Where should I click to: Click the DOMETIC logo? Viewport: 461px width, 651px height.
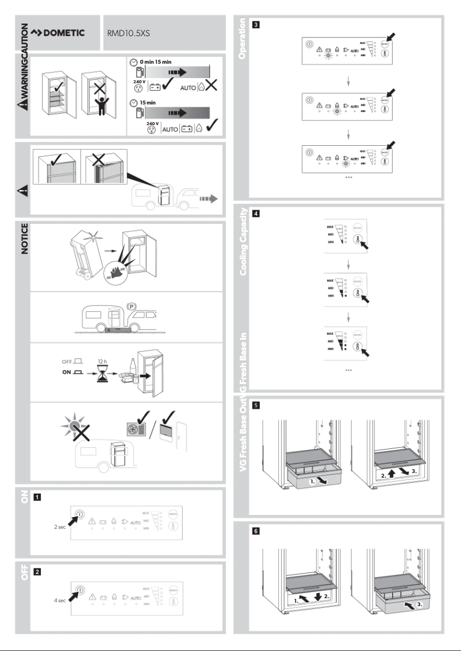click(57, 33)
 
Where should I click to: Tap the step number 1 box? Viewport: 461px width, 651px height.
click(37, 497)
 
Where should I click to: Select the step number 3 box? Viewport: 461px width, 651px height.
click(256, 25)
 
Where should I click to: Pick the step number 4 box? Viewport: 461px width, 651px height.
click(256, 214)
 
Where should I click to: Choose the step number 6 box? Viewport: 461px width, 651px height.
click(256, 532)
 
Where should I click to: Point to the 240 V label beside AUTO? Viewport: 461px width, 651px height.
click(152, 123)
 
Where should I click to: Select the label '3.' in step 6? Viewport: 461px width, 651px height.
click(421, 604)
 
